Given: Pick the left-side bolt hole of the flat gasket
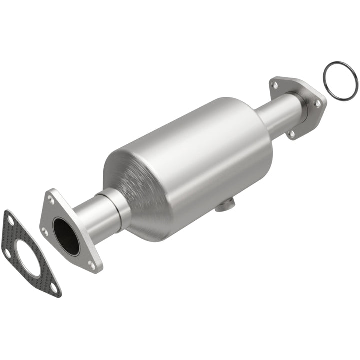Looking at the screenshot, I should click(x=8, y=252).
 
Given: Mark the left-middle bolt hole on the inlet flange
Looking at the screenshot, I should click(x=45, y=231).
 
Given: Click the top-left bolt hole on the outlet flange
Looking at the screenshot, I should click(x=274, y=85).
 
